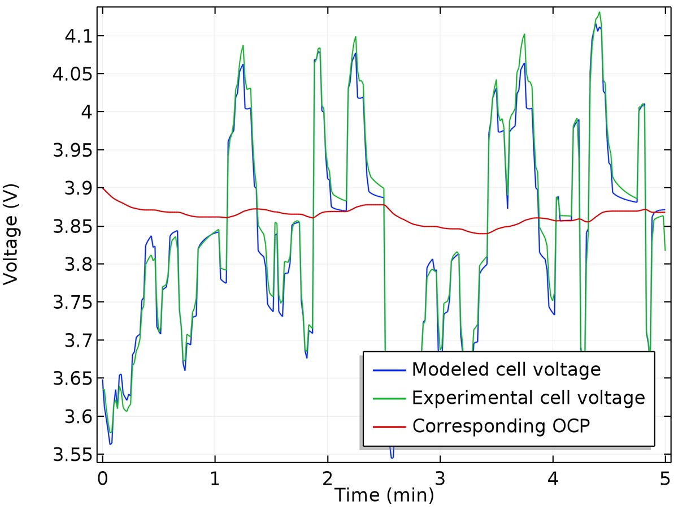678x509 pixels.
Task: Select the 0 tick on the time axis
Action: [102, 478]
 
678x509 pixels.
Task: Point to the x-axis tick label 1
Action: [215, 478]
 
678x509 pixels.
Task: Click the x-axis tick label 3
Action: [440, 478]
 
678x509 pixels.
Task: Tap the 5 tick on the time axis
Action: [665, 478]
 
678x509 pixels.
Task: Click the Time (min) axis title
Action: [384, 495]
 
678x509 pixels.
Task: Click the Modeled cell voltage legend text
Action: [506, 369]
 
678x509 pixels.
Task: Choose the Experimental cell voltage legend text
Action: [528, 398]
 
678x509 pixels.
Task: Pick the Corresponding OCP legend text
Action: [501, 425]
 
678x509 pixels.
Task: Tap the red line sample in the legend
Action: [389, 426]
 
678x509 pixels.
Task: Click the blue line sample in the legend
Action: [389, 370]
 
